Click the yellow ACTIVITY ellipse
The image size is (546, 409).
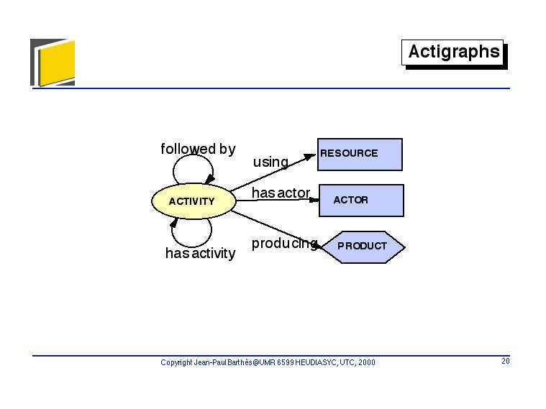[x=194, y=201]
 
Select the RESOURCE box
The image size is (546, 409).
[x=360, y=155]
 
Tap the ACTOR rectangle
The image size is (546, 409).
[x=361, y=201]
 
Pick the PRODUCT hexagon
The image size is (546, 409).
[x=363, y=247]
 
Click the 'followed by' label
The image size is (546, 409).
[x=198, y=149]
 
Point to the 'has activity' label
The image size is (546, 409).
[x=200, y=253]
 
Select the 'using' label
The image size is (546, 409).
[x=270, y=162]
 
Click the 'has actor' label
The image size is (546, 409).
[x=281, y=193]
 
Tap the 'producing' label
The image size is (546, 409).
[x=284, y=244]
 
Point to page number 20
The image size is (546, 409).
[x=506, y=361]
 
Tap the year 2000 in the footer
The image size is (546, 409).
[x=367, y=362]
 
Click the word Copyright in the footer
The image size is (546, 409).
[x=176, y=362]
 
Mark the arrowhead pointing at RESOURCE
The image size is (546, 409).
[x=309, y=157]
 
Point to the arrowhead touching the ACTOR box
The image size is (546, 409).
[x=314, y=200]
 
